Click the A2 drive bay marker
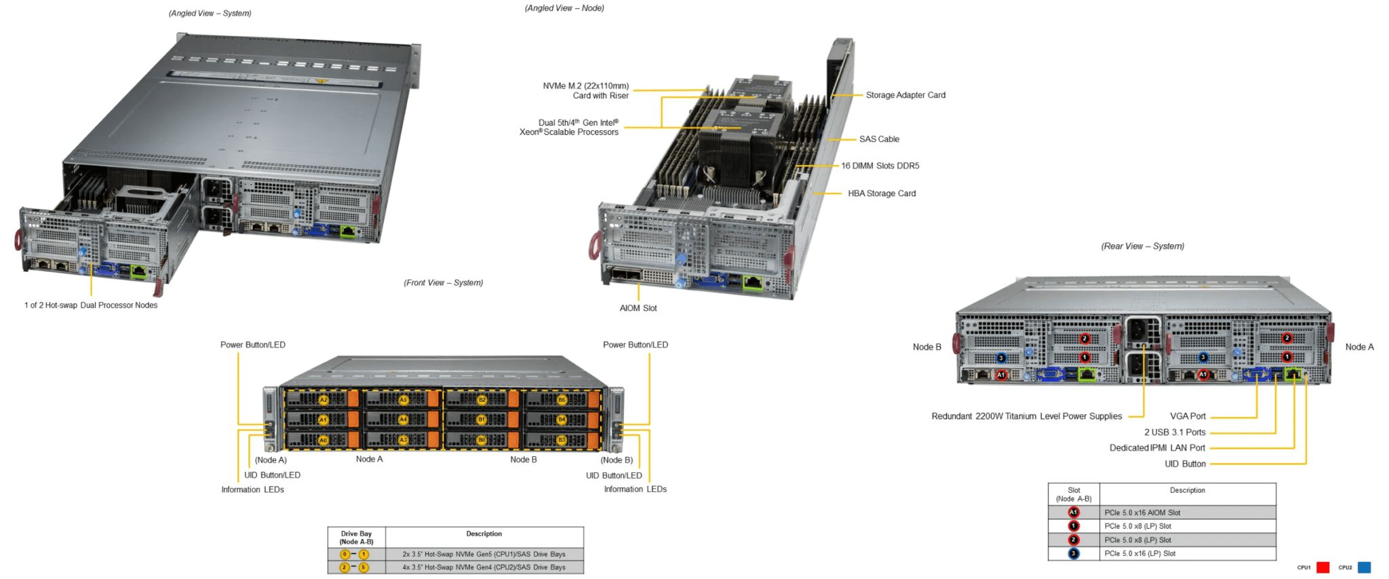coord(324,400)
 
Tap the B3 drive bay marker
coord(562,440)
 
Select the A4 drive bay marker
coord(403,419)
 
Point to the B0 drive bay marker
coord(482,440)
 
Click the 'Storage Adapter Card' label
coord(905,95)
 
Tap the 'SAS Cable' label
coord(879,139)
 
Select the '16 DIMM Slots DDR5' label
coord(880,166)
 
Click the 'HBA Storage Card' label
coord(882,193)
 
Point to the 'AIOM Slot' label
coord(638,308)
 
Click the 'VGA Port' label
coord(1188,416)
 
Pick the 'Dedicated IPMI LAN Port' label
coord(1157,448)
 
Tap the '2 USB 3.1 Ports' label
coord(1175,432)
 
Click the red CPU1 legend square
coord(1323,567)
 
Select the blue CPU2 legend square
coord(1365,567)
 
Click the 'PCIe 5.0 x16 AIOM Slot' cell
coord(1142,512)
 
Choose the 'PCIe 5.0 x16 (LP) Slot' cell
coord(1140,554)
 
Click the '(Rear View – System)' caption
coord(1143,246)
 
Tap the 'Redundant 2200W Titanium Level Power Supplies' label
coord(1027,416)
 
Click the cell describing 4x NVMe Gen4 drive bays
coord(484,567)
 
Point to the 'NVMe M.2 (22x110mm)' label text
coord(586,86)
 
